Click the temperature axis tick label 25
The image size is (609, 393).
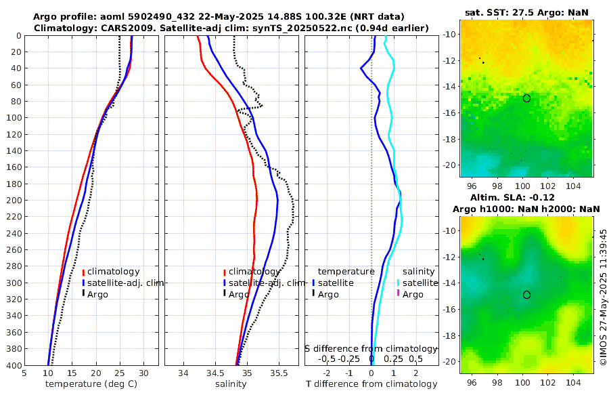click(x=120, y=373)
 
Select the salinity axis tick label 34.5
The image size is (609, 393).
click(x=215, y=373)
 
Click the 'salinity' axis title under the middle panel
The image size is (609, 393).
click(x=231, y=384)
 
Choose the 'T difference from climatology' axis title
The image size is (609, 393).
click(x=371, y=384)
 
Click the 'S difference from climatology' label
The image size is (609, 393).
click(x=371, y=348)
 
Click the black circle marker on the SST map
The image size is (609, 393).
click(x=526, y=98)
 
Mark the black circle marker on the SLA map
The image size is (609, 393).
click(x=526, y=295)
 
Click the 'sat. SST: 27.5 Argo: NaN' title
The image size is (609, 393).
click(x=526, y=13)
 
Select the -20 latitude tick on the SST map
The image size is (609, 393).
click(x=450, y=165)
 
